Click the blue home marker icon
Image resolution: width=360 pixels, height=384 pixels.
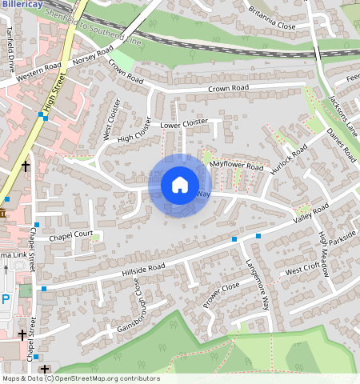click(180, 185)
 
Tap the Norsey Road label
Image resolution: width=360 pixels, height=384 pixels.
click(92, 58)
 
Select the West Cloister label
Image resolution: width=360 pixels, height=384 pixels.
click(110, 119)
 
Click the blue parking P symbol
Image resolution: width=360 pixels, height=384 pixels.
click(6, 299)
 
